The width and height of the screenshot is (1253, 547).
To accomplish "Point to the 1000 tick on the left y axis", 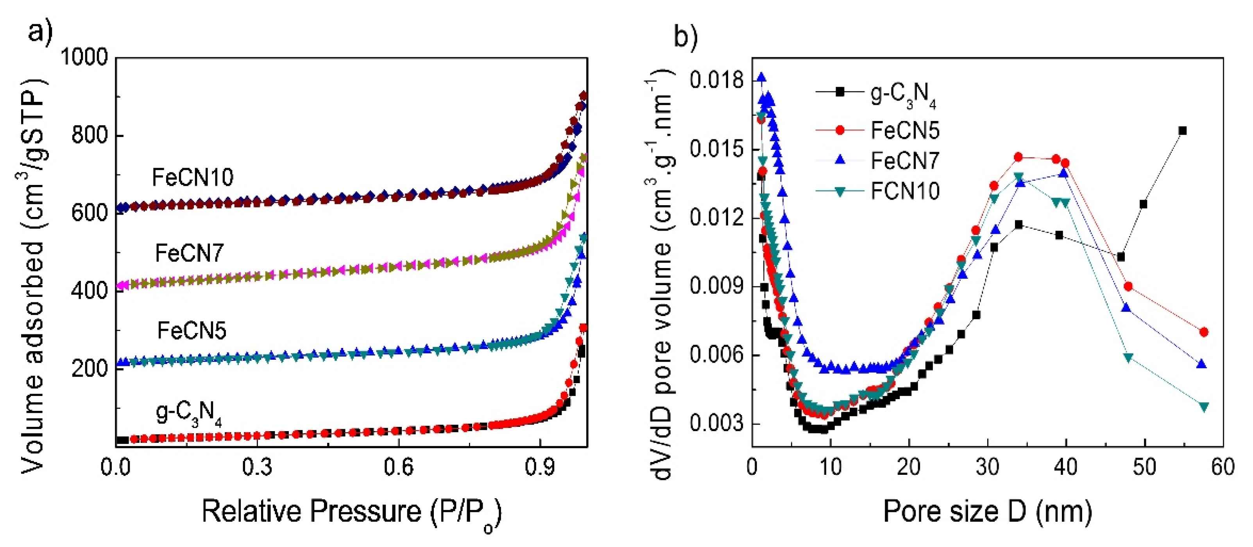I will [84, 57].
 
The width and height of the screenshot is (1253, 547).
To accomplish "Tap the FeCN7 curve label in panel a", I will [189, 253].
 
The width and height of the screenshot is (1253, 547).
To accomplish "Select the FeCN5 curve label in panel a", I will [192, 331].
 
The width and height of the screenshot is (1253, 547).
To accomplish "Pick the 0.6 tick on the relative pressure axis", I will [398, 467].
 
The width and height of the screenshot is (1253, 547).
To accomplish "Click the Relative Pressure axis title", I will [351, 513].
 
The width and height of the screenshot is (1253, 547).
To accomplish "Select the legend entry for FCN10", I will [905, 191].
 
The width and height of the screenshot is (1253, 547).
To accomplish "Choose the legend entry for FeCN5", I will [905, 130].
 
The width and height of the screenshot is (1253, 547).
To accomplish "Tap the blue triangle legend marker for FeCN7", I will [840, 160].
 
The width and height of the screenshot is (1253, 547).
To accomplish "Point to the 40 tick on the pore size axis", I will [1066, 467].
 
